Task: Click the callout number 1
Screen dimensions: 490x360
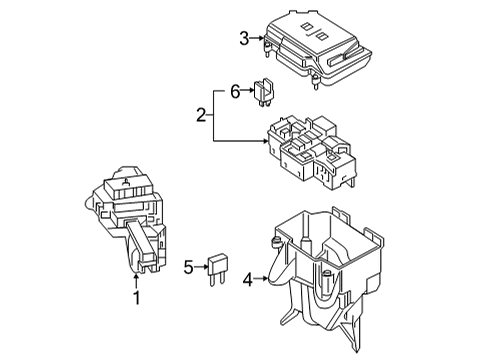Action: (x=137, y=298)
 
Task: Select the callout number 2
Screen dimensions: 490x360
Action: (x=201, y=115)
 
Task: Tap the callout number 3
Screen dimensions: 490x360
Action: (x=244, y=39)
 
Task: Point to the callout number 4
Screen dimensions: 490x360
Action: (x=248, y=280)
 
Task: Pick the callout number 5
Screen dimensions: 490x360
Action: (x=189, y=267)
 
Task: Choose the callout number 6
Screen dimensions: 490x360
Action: (x=235, y=92)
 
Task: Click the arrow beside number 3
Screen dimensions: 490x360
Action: (x=257, y=38)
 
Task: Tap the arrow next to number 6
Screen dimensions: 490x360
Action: (x=248, y=90)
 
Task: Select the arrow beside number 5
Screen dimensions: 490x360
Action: (x=201, y=267)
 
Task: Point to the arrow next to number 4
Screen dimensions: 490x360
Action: (x=261, y=278)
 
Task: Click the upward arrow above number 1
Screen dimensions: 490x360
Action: (x=136, y=281)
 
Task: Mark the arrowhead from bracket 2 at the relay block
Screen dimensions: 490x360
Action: (x=265, y=141)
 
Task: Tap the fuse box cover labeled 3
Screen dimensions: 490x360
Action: (x=317, y=49)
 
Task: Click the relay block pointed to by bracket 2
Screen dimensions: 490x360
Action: (x=311, y=153)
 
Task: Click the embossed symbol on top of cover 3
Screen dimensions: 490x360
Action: (x=313, y=31)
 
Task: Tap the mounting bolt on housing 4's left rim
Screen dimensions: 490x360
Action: (x=275, y=243)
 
